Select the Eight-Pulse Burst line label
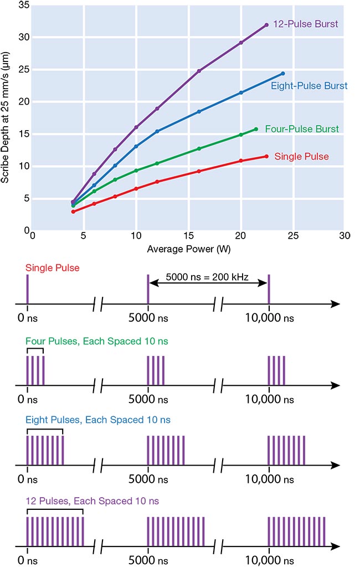tap(309, 86)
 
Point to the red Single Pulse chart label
tap(302, 157)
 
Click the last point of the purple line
tap(266, 25)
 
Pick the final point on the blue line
tap(282, 74)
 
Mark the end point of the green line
tap(255, 129)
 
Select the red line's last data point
tap(266, 157)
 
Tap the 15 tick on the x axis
tap(188, 235)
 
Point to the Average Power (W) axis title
tap(188, 249)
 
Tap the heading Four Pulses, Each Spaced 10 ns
tap(96, 342)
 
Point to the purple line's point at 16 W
tap(199, 71)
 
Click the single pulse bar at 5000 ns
tap(148, 289)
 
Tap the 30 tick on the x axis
tap(344, 235)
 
